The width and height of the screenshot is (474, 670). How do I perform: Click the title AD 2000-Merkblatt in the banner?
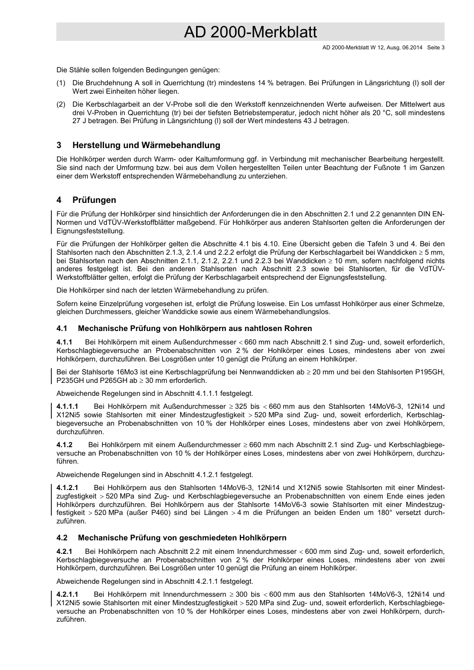[250, 32]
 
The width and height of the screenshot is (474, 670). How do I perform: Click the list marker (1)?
[61, 83]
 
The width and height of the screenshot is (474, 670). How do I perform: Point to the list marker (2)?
[61, 105]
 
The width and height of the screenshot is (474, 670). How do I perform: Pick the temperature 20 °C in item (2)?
[369, 113]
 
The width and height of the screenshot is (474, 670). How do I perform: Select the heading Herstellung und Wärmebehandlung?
[146, 146]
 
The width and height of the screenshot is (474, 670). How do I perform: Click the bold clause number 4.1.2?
[64, 445]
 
